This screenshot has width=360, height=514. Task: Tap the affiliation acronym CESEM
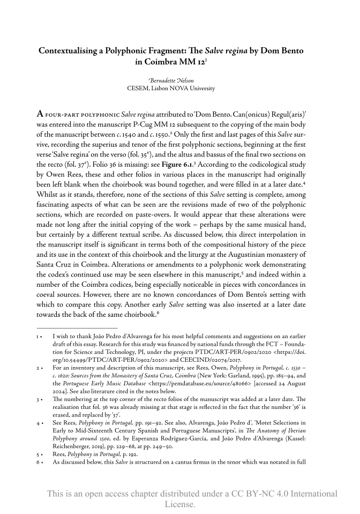(140, 87)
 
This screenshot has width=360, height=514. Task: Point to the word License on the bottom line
(179, 504)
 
